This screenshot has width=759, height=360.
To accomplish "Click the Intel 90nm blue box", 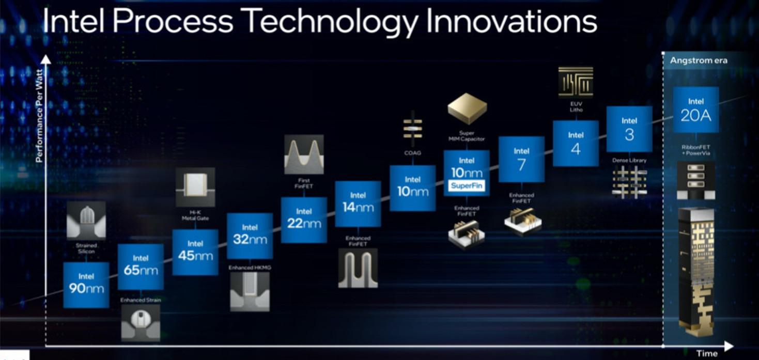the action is pyautogui.click(x=86, y=285).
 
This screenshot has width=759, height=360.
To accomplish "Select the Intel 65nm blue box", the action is pyautogui.click(x=141, y=267).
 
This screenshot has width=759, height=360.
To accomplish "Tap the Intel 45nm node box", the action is pyautogui.click(x=195, y=252).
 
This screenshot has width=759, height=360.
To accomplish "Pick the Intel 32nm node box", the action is pyautogui.click(x=250, y=236).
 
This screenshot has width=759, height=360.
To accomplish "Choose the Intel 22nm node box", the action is pyautogui.click(x=304, y=220).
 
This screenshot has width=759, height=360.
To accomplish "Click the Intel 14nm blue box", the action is pyautogui.click(x=358, y=204).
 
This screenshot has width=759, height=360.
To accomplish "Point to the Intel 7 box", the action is pyautogui.click(x=521, y=160).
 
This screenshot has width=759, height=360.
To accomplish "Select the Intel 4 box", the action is pyautogui.click(x=576, y=144).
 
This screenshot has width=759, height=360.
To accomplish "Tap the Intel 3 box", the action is pyautogui.click(x=629, y=129).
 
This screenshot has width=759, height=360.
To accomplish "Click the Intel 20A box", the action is pyautogui.click(x=696, y=109).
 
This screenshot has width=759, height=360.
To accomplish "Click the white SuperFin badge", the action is pyautogui.click(x=467, y=186).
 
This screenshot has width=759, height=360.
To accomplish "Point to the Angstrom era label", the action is pyautogui.click(x=699, y=60).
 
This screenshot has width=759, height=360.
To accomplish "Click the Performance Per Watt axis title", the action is pyautogui.click(x=39, y=116).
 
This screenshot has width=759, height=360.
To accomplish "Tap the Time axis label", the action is pyautogui.click(x=707, y=354).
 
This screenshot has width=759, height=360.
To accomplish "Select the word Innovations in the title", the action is pyautogui.click(x=512, y=21).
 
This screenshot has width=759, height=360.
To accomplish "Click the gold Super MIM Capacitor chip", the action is pyautogui.click(x=467, y=108).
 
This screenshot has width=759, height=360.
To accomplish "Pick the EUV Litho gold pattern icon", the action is pyautogui.click(x=576, y=82).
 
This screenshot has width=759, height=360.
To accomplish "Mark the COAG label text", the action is pyautogui.click(x=413, y=153).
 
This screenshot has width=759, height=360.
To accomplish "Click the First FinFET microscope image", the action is pyautogui.click(x=304, y=155).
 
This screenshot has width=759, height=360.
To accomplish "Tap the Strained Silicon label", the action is pyautogui.click(x=86, y=248).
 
